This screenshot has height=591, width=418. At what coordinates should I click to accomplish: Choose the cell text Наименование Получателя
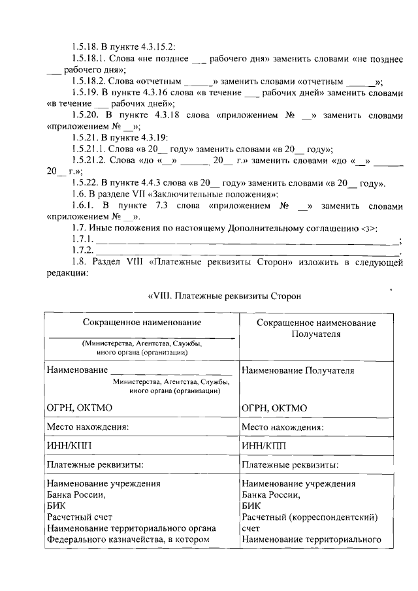click(x=298, y=370)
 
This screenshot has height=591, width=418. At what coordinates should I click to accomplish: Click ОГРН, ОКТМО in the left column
click(x=80, y=408)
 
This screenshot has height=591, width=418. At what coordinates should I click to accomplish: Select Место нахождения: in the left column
click(x=87, y=426)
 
